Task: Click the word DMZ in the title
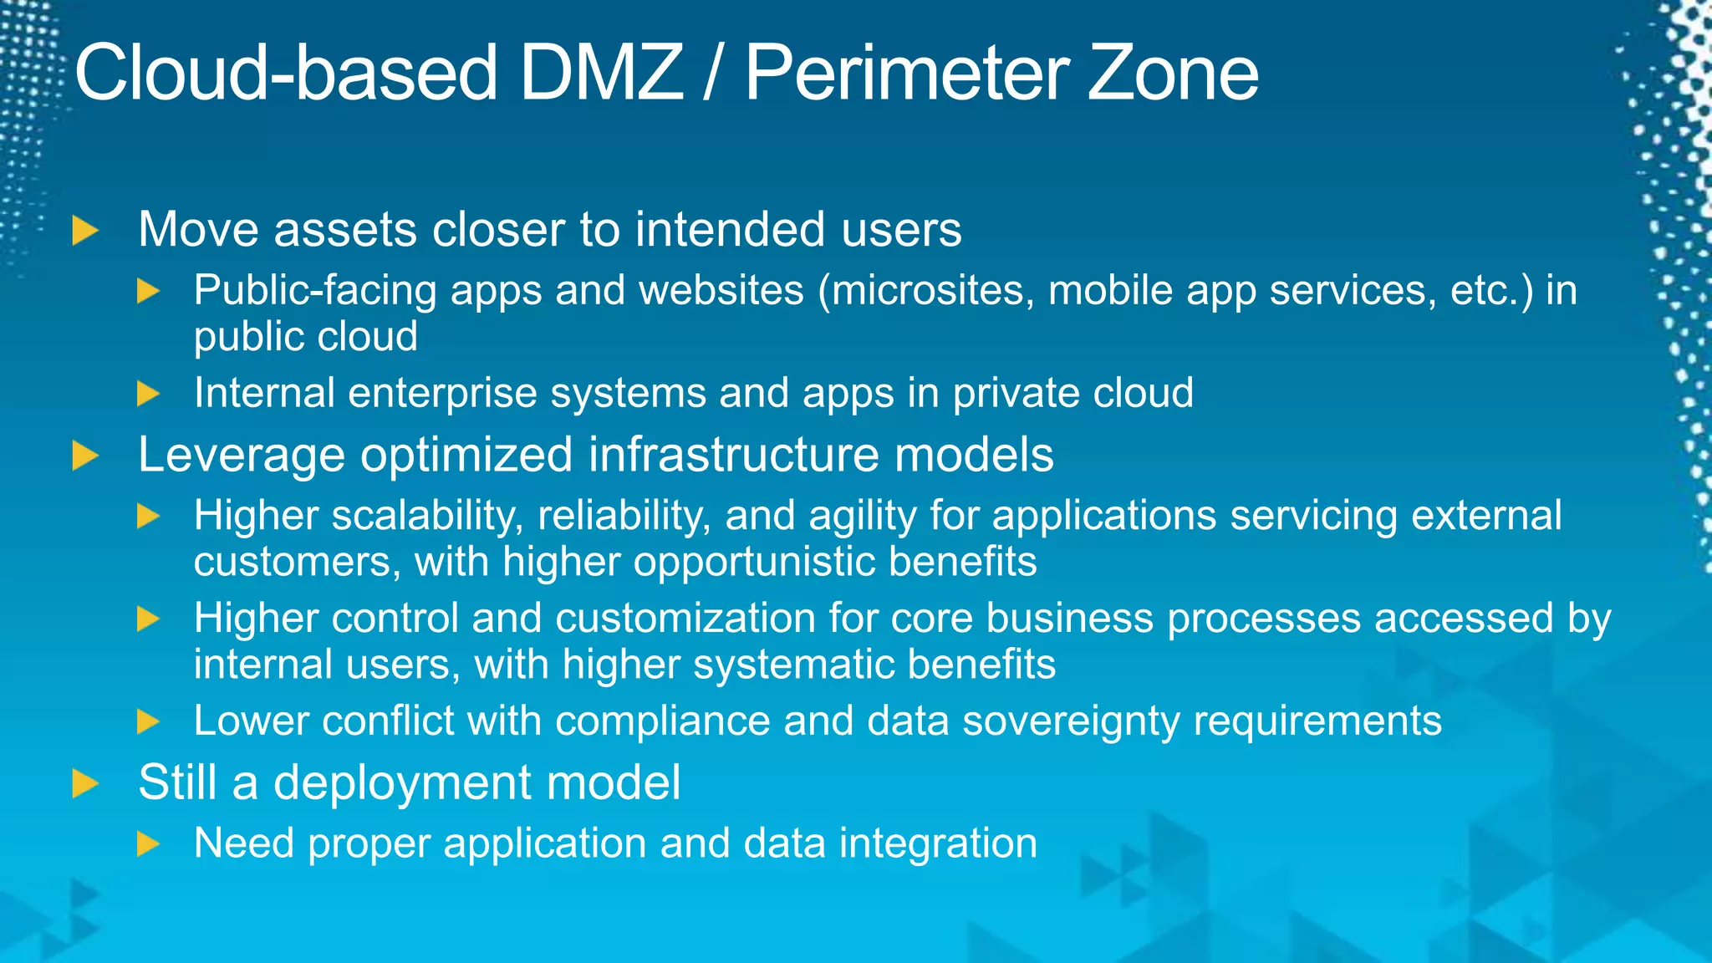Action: pos(600,74)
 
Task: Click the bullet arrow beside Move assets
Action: pos(84,231)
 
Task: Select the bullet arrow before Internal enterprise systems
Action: pos(148,394)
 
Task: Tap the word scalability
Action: pos(427,516)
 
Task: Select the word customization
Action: pos(685,619)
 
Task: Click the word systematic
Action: pos(793,665)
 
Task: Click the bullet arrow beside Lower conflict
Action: pos(148,721)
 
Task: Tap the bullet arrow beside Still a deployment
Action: pos(84,784)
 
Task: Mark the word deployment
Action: pos(402,783)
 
